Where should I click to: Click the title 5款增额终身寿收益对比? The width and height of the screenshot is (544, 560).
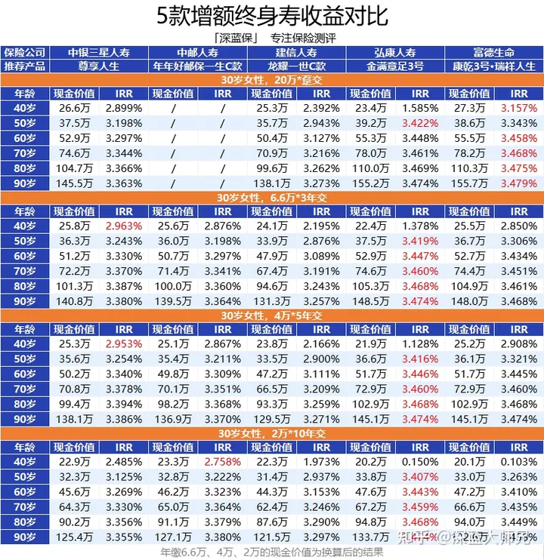[x=271, y=17]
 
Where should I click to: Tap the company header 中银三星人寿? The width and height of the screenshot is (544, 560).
[x=99, y=53]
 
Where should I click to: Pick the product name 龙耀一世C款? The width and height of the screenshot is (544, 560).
[x=297, y=66]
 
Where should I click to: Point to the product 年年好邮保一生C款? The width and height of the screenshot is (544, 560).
[x=198, y=66]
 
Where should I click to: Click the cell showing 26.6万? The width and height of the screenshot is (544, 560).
[x=74, y=108]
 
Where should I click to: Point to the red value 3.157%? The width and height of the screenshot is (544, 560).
[x=518, y=108]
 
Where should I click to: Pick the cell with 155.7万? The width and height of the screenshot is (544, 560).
[x=470, y=183]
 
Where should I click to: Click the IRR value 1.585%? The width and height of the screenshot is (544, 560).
[x=420, y=108]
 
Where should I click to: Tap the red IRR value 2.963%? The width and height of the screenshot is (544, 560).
[x=124, y=226]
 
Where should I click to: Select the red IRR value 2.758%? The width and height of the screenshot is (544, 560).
[x=222, y=461]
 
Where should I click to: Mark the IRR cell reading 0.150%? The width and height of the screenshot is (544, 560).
[x=420, y=461]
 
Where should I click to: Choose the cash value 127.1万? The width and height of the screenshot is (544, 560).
[x=173, y=537]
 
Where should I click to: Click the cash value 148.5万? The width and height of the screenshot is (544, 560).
[x=371, y=301]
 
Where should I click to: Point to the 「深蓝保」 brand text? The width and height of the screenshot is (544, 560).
[x=237, y=37]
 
